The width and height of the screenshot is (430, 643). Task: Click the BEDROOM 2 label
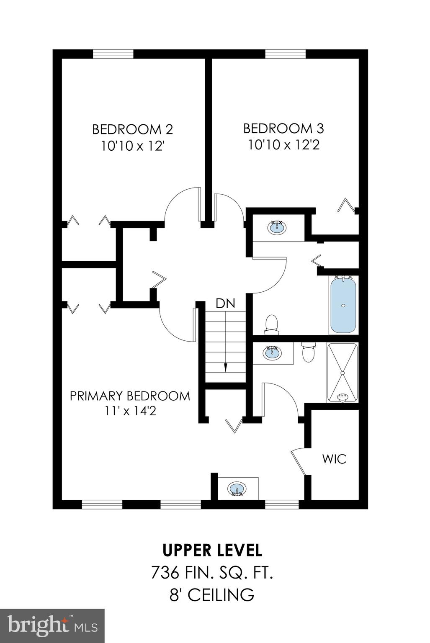(x=132, y=129)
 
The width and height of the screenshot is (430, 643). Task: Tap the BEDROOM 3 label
(x=283, y=128)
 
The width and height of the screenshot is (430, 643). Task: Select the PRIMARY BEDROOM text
(x=130, y=396)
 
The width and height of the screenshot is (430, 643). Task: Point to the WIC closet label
(x=334, y=459)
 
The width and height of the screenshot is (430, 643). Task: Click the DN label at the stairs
(x=225, y=303)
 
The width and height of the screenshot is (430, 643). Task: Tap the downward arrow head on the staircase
(x=225, y=367)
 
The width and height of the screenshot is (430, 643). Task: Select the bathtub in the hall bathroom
(x=343, y=305)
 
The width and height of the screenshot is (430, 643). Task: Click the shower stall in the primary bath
(x=342, y=373)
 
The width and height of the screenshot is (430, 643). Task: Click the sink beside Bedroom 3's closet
(x=276, y=228)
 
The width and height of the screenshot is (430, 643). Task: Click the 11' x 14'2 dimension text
(x=131, y=411)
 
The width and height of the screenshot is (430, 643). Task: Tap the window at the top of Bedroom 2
(x=113, y=54)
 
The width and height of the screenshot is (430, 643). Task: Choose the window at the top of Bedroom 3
(x=286, y=54)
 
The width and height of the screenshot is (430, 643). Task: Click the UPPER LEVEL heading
(x=212, y=550)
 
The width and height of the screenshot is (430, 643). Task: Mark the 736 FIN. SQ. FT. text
(x=212, y=573)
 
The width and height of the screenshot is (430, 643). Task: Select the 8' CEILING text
(x=212, y=594)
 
